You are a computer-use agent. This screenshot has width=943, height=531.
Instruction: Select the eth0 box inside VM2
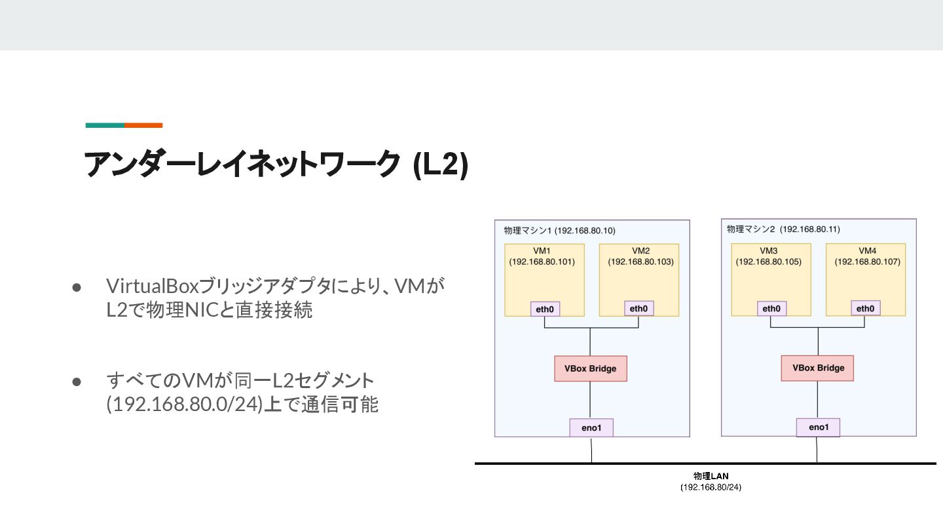coord(638,309)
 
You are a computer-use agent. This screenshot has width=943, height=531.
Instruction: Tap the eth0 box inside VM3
coord(771,309)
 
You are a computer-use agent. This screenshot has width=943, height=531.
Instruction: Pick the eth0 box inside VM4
coord(865,309)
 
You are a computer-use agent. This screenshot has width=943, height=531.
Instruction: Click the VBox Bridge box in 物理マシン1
coord(590,368)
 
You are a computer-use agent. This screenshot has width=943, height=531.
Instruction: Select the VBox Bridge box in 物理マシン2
coord(817,368)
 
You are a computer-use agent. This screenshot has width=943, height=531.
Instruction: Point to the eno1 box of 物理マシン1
coord(591,428)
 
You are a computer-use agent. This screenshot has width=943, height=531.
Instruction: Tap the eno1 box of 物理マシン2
coord(818,427)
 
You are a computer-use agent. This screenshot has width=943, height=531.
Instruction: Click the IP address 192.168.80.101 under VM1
coord(542,262)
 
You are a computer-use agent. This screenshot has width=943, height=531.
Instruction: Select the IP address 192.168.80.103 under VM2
coord(640,262)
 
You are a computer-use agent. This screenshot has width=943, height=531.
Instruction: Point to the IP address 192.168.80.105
coord(768,262)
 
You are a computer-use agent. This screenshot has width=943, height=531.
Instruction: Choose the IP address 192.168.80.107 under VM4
coord(867,262)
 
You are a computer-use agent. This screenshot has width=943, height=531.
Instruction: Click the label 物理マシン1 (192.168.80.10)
coord(559,231)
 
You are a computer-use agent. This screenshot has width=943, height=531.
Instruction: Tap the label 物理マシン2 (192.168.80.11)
coord(783,229)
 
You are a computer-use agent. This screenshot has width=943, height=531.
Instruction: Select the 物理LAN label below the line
coord(711,476)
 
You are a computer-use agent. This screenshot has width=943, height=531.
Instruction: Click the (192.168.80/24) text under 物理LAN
coord(711,488)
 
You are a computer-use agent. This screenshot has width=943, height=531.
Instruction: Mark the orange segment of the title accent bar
coord(143,125)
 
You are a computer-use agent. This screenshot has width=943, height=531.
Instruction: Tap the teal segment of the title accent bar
coord(105,125)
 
